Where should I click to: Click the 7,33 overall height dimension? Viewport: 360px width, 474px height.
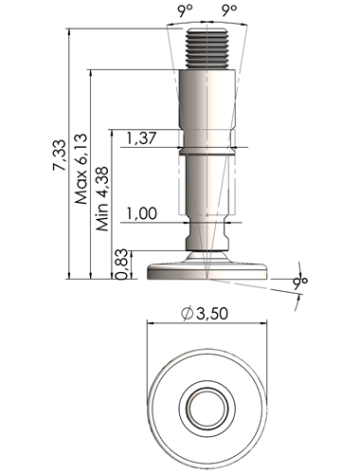pos(60,155)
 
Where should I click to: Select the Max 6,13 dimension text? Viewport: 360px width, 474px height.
pos(81,169)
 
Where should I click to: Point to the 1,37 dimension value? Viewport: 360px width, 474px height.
pos(141,138)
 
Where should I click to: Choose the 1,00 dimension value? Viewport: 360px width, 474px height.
pos(141,213)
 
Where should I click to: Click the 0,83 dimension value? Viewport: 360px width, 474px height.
pos(121,264)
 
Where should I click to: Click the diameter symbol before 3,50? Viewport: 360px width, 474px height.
pos(187,313)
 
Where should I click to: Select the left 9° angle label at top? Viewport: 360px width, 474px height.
pos(185,10)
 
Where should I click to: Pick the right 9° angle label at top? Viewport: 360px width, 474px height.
pos(229,10)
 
